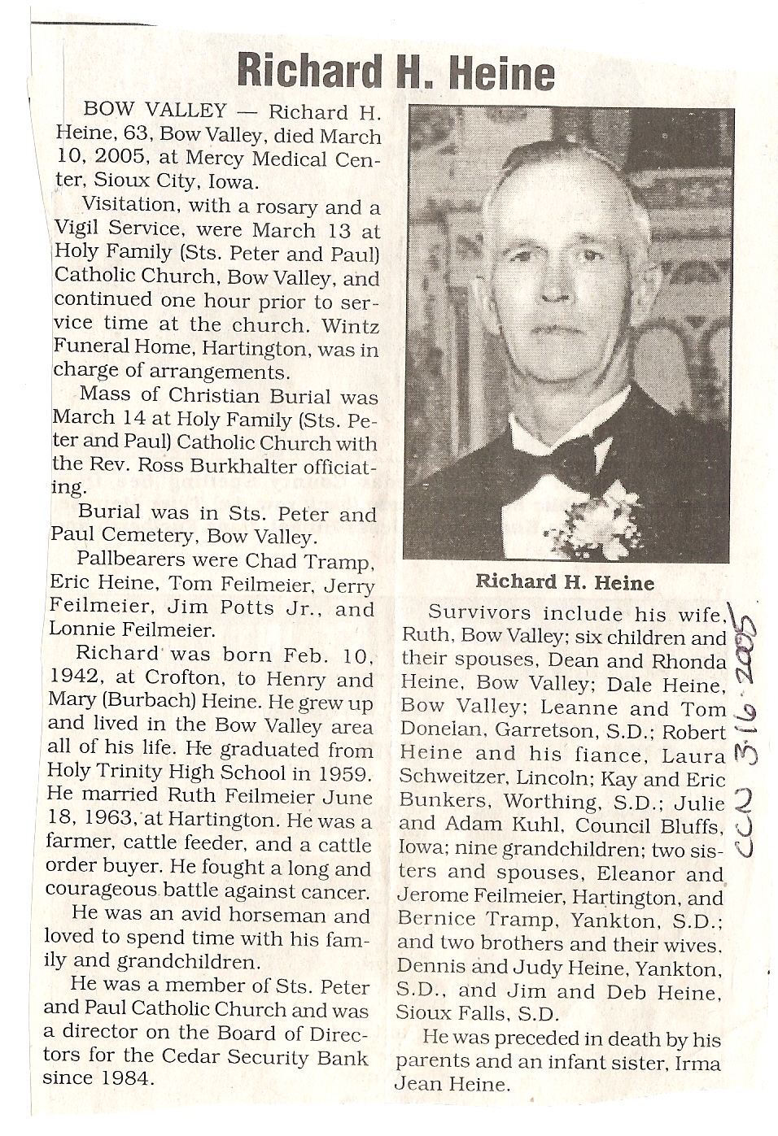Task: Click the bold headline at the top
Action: [396, 72]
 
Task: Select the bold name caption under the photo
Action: [564, 582]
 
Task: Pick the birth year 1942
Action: [72, 679]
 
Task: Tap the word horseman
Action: [274, 916]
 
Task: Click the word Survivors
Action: [479, 613]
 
